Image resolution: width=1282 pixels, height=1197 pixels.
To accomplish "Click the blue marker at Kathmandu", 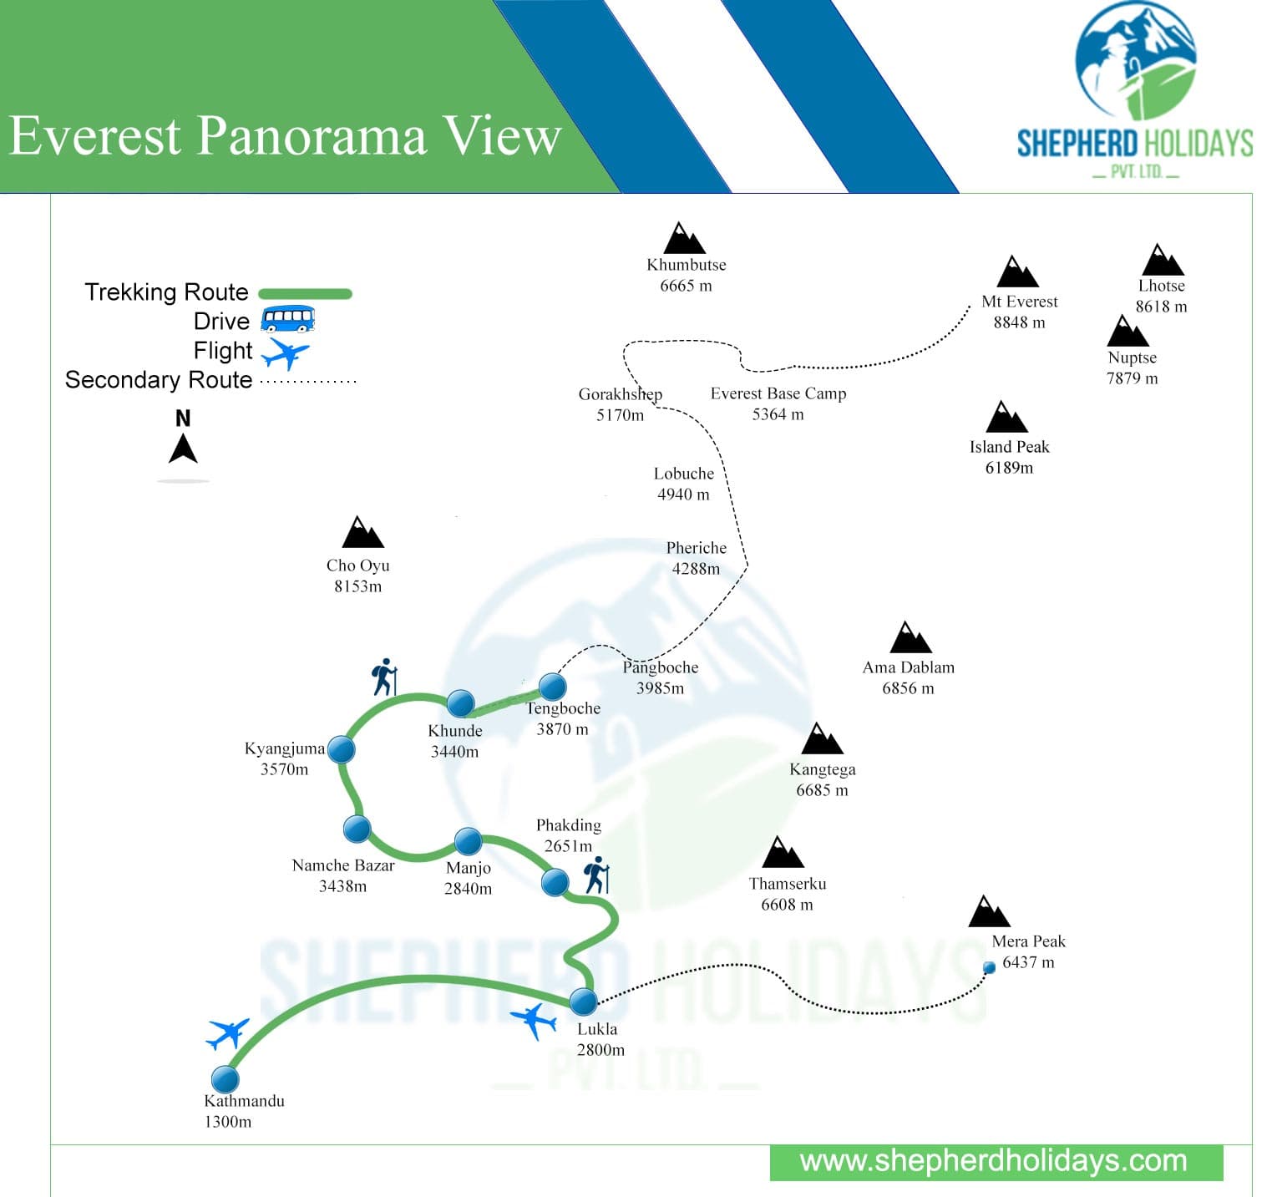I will (x=225, y=1078).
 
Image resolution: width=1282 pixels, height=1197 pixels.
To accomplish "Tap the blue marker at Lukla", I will (x=584, y=1001).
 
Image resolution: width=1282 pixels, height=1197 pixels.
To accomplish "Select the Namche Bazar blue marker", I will (x=357, y=829).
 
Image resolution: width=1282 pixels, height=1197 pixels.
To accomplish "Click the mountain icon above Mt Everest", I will (x=1017, y=272).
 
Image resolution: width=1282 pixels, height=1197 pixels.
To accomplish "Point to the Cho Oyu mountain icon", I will (x=362, y=533).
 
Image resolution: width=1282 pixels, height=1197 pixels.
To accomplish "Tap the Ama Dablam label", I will (x=908, y=667).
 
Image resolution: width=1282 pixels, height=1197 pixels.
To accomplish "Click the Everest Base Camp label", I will (x=778, y=393).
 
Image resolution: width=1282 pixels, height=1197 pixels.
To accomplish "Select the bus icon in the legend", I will (x=288, y=320).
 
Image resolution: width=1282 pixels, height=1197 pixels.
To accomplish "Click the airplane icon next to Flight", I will (x=285, y=352).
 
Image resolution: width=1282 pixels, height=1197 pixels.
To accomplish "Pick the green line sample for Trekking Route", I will (x=305, y=293).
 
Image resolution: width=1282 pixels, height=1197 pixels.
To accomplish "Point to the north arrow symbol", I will (x=183, y=446).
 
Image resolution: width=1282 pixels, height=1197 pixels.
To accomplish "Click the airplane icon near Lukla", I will (x=534, y=1020).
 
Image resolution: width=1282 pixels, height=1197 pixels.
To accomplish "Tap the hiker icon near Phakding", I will (x=596, y=875).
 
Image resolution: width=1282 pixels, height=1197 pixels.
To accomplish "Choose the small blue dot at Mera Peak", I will (x=989, y=967).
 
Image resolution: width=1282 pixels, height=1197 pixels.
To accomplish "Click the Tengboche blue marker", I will (x=552, y=687).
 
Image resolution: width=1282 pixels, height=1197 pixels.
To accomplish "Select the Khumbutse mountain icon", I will (x=684, y=239).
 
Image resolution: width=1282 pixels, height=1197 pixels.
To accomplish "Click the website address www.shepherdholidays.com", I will (x=993, y=1161).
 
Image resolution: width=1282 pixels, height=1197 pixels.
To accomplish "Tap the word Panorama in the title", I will (x=311, y=135).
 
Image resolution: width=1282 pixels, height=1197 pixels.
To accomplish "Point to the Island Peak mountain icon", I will (x=1006, y=417).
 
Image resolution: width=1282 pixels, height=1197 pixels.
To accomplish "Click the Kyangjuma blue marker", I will (x=341, y=749).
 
